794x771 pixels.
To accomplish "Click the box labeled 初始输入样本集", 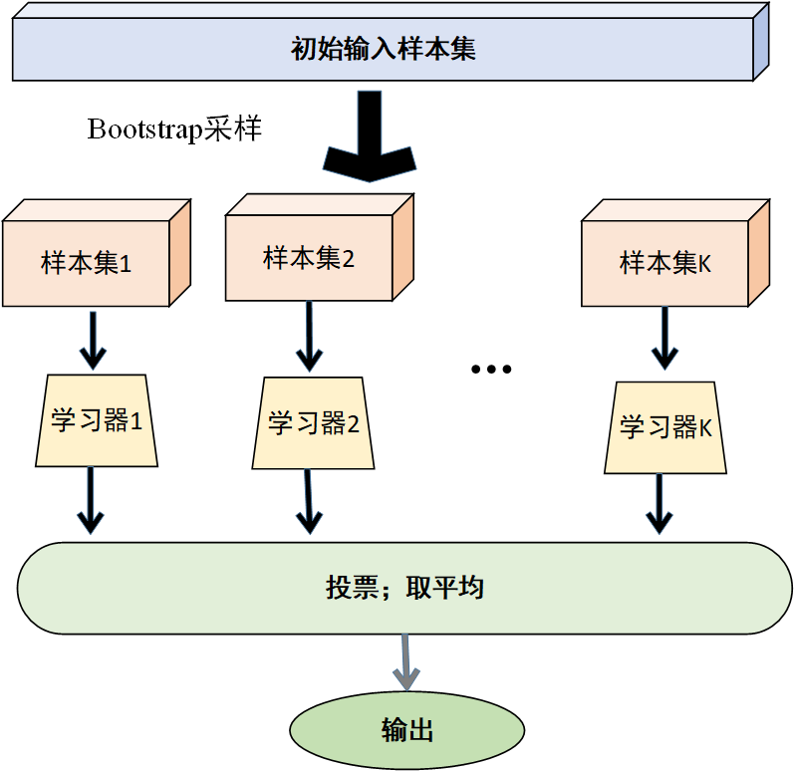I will point(383,49).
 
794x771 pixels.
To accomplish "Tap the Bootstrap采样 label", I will point(174,129).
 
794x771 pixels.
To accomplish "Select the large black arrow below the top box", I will point(370,138).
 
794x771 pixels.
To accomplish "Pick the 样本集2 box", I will point(309,259).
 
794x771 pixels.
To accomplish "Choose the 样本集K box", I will point(664,264).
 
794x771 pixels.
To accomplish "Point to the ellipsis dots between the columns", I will point(490,370).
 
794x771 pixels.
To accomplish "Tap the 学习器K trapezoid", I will point(665,427).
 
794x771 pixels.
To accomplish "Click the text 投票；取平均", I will point(404,588).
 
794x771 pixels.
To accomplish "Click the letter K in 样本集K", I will point(704,264).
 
